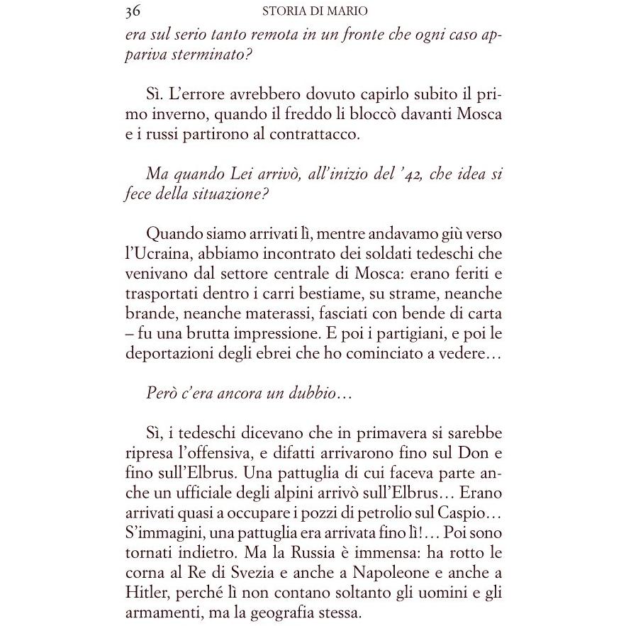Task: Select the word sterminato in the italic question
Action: pos(208,55)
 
